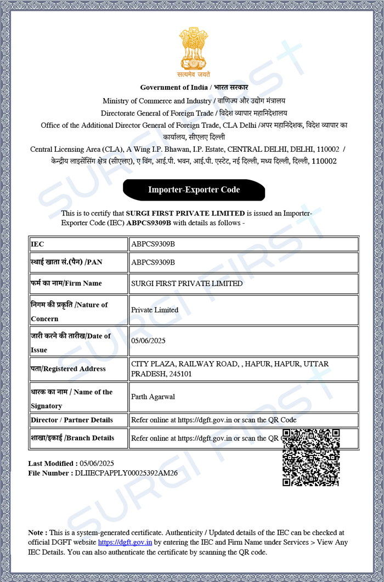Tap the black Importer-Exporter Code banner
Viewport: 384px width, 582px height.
click(194, 190)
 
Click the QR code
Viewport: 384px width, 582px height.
click(310, 457)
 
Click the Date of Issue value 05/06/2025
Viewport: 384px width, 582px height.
click(148, 340)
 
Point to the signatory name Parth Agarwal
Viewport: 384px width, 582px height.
click(153, 397)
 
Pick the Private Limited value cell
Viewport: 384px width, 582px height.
click(155, 310)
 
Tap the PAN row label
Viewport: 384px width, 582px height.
click(66, 262)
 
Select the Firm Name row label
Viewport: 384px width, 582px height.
click(66, 283)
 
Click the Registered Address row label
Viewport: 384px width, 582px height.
click(68, 369)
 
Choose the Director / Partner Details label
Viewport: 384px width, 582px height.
click(72, 420)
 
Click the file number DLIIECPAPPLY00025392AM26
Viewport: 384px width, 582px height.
click(126, 472)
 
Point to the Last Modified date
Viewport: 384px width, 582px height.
click(97, 463)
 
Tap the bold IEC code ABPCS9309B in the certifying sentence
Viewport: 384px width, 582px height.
click(149, 223)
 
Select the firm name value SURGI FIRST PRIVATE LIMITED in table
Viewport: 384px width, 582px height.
click(187, 283)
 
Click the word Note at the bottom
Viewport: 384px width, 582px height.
click(37, 532)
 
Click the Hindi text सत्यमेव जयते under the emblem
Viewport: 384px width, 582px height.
click(194, 75)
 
